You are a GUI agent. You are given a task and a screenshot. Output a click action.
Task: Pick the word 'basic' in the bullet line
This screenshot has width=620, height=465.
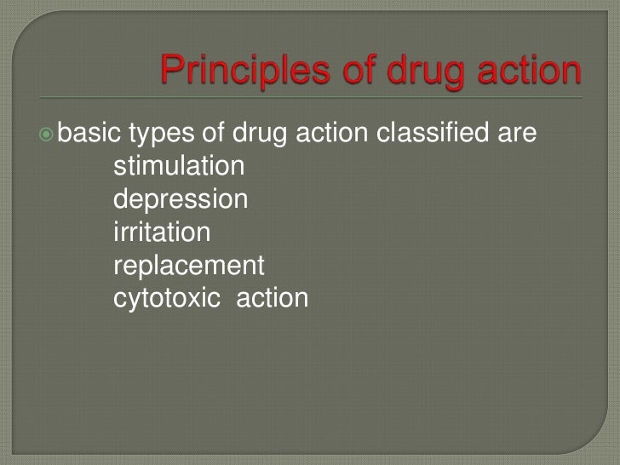(x=88, y=133)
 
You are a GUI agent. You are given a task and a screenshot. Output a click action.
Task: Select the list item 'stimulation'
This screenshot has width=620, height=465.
(x=179, y=166)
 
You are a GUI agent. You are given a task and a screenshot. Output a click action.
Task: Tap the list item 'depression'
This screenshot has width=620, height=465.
(x=181, y=200)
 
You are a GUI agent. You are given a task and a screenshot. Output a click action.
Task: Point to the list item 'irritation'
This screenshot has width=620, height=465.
(x=162, y=232)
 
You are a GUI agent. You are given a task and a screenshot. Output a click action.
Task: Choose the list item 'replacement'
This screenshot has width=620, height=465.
(x=189, y=266)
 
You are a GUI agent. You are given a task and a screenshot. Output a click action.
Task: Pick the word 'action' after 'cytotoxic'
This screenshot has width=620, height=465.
(x=273, y=299)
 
